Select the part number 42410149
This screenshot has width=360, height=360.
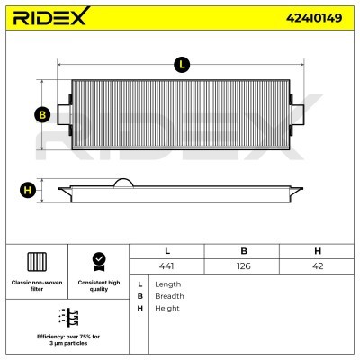[314, 18]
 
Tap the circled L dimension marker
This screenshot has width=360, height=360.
[182, 65]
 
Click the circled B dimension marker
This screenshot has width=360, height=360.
[42, 115]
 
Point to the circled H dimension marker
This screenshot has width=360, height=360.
[28, 191]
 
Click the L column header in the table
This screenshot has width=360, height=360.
[167, 251]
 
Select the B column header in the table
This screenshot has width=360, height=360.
[244, 251]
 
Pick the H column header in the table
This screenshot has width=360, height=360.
[318, 251]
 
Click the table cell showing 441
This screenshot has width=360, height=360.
[166, 266]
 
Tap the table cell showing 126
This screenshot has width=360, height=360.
[243, 266]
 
